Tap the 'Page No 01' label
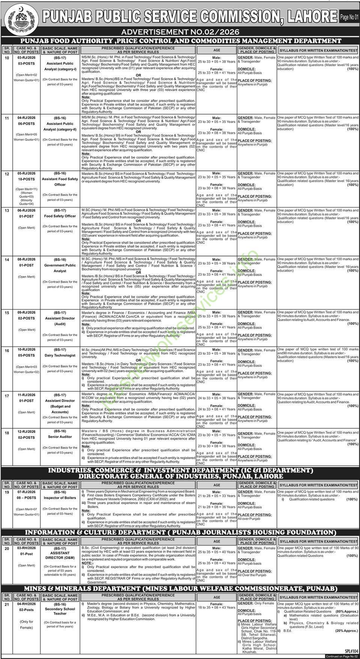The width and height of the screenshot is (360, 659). tap(349, 17)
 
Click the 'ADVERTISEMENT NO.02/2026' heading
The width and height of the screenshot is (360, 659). tap(181, 32)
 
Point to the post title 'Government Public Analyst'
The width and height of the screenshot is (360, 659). tap(60, 268)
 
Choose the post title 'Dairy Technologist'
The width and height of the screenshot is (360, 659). tap(60, 355)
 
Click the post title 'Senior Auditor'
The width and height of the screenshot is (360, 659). tap(60, 437)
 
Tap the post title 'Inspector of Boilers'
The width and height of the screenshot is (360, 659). tap(60, 498)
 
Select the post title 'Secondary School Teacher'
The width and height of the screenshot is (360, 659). tap(60, 611)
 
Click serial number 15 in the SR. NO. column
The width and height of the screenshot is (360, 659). tap(7, 312)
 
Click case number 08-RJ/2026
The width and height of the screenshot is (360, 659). tap(26, 259)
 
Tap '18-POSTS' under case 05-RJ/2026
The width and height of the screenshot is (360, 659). tap(26, 179)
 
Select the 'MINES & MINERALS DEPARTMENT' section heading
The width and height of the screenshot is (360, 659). tap(180, 588)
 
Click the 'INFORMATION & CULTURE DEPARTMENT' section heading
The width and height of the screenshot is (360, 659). tap(180, 532)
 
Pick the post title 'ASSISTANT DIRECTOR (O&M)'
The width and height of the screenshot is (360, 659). tap(60, 555)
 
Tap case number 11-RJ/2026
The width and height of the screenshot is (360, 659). tap(26, 395)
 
